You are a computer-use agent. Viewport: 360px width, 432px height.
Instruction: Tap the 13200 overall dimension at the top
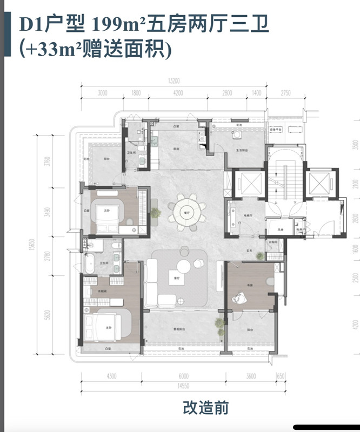click(173, 82)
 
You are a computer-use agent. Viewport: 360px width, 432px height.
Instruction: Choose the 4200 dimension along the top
click(178, 93)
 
